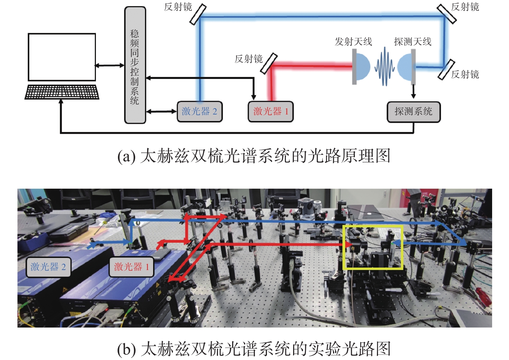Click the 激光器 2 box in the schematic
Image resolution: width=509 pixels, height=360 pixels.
(200, 112)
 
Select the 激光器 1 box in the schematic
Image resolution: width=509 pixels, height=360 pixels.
(271, 112)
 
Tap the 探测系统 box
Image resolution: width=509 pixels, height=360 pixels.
(413, 112)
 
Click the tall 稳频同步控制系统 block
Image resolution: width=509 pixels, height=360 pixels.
(135, 65)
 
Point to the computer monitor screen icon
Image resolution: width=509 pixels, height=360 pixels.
(62, 57)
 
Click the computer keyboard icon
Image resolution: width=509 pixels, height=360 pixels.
(62, 92)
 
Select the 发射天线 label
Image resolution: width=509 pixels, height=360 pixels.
(353, 42)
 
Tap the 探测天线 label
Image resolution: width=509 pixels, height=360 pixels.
(412, 42)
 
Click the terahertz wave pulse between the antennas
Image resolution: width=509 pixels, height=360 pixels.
(385, 66)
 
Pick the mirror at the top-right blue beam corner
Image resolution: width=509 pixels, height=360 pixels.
(447, 14)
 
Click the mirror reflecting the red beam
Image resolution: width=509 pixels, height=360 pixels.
(269, 64)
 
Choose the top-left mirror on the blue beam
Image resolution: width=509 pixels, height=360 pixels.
(198, 14)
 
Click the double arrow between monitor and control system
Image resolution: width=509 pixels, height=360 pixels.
(109, 66)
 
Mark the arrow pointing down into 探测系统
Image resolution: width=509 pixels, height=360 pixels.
(413, 91)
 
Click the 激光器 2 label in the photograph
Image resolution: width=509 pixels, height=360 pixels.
(48, 267)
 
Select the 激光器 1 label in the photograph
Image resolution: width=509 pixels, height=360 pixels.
(132, 267)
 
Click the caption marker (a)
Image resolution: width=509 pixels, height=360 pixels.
(127, 156)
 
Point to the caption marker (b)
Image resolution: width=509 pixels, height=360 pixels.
(127, 349)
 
